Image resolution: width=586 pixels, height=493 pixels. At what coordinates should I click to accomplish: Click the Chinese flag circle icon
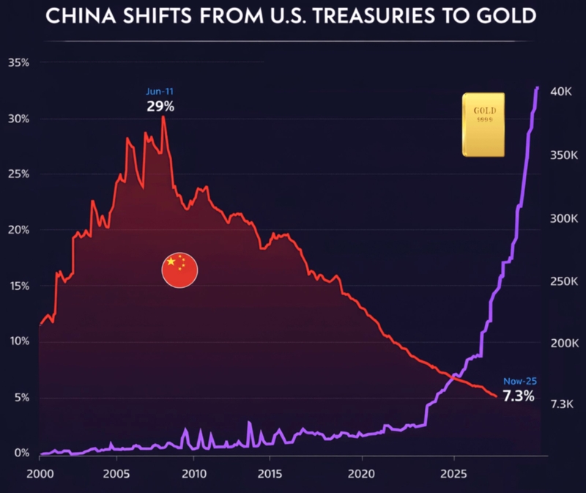pyautogui.click(x=179, y=270)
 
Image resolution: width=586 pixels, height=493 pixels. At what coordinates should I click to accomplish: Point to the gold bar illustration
pyautogui.click(x=483, y=125)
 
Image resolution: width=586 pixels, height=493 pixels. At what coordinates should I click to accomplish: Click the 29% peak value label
pyautogui.click(x=160, y=106)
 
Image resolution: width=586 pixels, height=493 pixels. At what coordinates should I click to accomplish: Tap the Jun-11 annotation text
pyautogui.click(x=160, y=92)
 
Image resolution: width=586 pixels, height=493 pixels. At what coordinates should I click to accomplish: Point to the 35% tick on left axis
pyautogui.click(x=18, y=63)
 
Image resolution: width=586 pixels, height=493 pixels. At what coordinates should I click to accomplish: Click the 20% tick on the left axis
pyautogui.click(x=18, y=230)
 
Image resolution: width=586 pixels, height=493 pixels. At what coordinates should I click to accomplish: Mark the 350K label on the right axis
pyautogui.click(x=564, y=155)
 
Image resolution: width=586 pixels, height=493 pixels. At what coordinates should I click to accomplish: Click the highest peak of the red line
pyautogui.click(x=163, y=116)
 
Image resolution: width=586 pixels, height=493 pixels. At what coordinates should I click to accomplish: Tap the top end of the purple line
pyautogui.click(x=537, y=88)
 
